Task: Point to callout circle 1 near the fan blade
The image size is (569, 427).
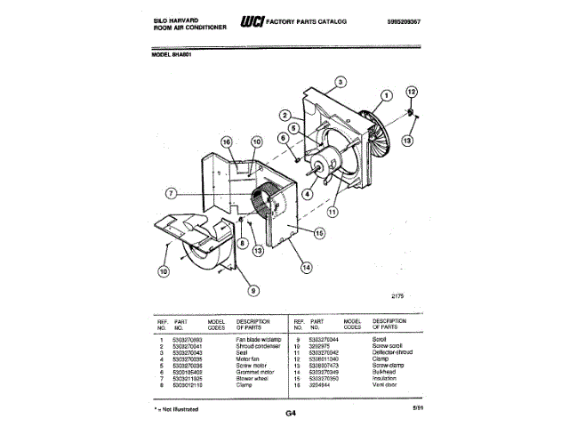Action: coord(387,95)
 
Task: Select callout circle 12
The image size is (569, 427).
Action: coord(411,92)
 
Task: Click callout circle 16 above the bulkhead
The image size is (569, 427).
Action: coord(226,142)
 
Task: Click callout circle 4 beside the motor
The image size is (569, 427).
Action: coord(307,192)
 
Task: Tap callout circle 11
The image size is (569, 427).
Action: coord(333,213)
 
